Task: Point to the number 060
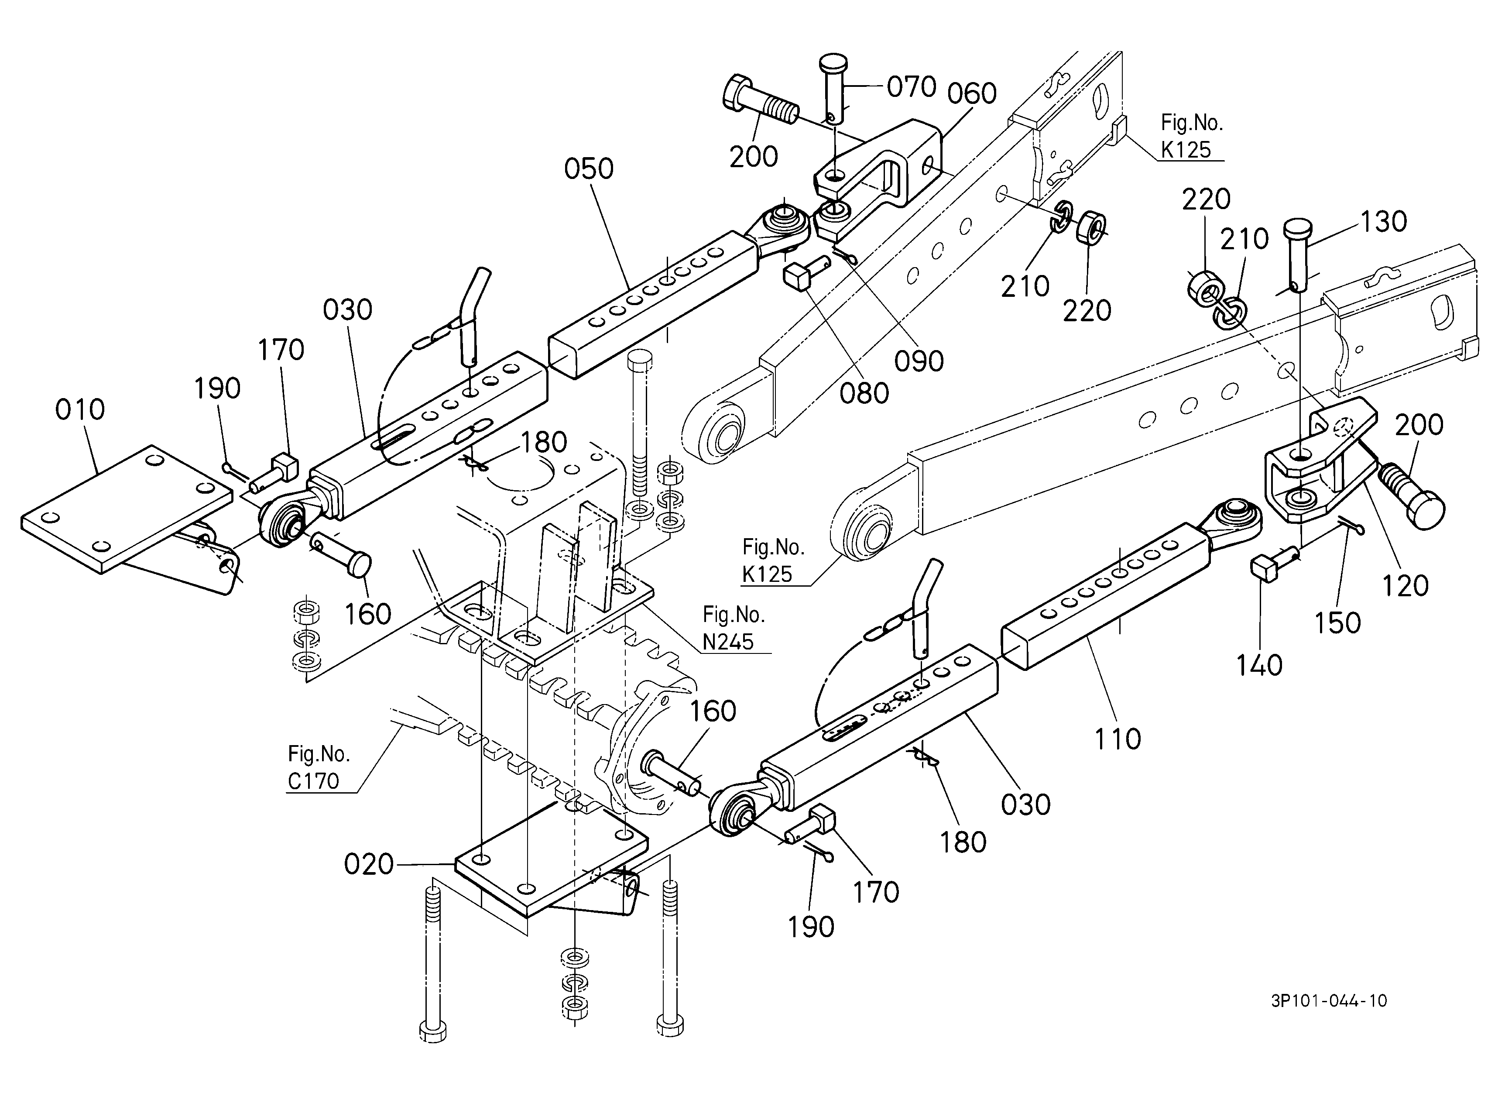pos(972,93)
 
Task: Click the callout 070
pos(912,87)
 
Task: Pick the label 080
pos(864,394)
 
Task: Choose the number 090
pos(919,361)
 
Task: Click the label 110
pos(1118,739)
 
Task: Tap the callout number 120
pos(1406,585)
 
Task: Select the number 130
pos(1384,222)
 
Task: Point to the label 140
pos(1259,664)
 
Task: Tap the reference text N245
pos(729,642)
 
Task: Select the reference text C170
pos(313,781)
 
